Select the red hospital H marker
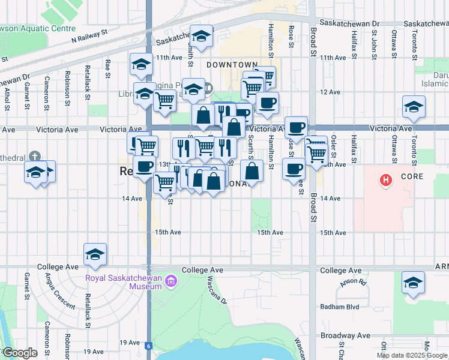387,179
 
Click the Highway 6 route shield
148,346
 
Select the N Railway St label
89,37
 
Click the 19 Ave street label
94,352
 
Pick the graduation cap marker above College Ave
95,255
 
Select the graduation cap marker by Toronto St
414,107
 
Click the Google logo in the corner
20,353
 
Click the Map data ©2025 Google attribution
412,355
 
